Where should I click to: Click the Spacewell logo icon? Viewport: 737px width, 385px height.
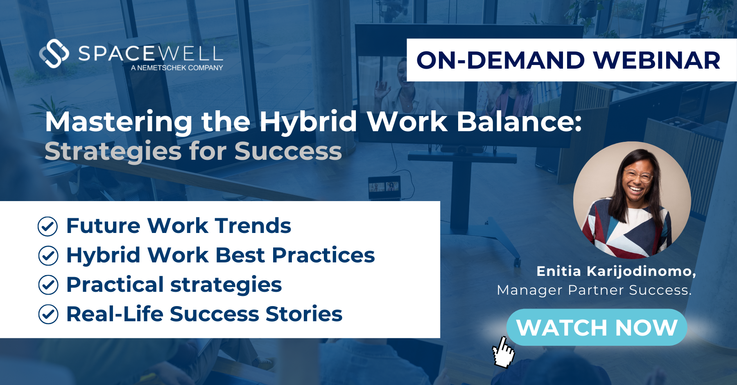coord(54,53)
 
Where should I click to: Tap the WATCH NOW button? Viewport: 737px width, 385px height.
coord(597,327)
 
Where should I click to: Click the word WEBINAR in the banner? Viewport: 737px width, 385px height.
coord(657,60)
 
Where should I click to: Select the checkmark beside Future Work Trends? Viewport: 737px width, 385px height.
coord(48,226)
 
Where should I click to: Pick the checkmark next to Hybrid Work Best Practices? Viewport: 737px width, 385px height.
coord(48,256)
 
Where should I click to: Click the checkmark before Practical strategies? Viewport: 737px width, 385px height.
coord(48,285)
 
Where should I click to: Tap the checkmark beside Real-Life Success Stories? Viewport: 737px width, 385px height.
coord(48,314)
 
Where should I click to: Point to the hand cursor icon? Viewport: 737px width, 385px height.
coord(503,351)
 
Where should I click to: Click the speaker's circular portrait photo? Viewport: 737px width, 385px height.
coord(632,200)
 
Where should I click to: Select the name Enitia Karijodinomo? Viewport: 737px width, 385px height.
coord(616,271)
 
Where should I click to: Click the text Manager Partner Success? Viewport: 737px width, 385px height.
coord(594,290)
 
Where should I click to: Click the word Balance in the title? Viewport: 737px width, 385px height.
coord(519,121)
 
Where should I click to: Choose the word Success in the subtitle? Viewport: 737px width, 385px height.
coord(288,151)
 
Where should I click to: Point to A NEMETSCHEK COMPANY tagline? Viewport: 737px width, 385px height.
coord(177,68)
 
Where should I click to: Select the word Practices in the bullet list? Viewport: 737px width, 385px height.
coord(323,255)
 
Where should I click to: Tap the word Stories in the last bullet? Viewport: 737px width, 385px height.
coord(304,314)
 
